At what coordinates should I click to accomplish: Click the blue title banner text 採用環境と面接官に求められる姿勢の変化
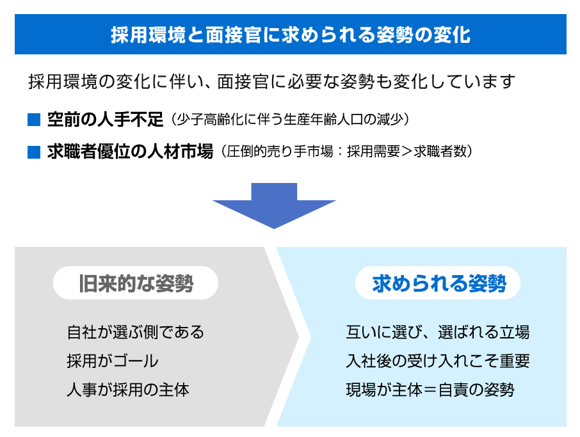point(291,35)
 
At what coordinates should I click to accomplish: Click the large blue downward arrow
point(274,205)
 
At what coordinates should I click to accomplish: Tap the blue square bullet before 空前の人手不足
point(34,120)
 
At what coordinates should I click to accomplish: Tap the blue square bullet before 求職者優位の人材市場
point(34,152)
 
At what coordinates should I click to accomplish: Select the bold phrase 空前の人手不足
point(106,120)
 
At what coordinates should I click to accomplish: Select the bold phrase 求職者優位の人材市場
point(130,152)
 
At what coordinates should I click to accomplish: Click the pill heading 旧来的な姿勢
point(136,283)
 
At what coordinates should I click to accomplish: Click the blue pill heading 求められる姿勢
point(439,283)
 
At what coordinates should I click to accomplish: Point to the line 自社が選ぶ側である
point(135,332)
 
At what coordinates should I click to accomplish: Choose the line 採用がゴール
point(113,361)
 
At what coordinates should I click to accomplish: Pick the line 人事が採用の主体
point(128,390)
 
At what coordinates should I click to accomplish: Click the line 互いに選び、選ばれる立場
point(438,332)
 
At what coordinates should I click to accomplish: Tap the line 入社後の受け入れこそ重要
point(438,361)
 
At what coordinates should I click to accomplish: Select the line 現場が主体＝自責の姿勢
point(430,390)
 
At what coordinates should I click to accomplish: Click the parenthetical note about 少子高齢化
point(290,120)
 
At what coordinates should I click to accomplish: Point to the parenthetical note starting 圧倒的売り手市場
point(346,152)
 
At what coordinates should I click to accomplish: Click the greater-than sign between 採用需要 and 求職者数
point(407,152)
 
